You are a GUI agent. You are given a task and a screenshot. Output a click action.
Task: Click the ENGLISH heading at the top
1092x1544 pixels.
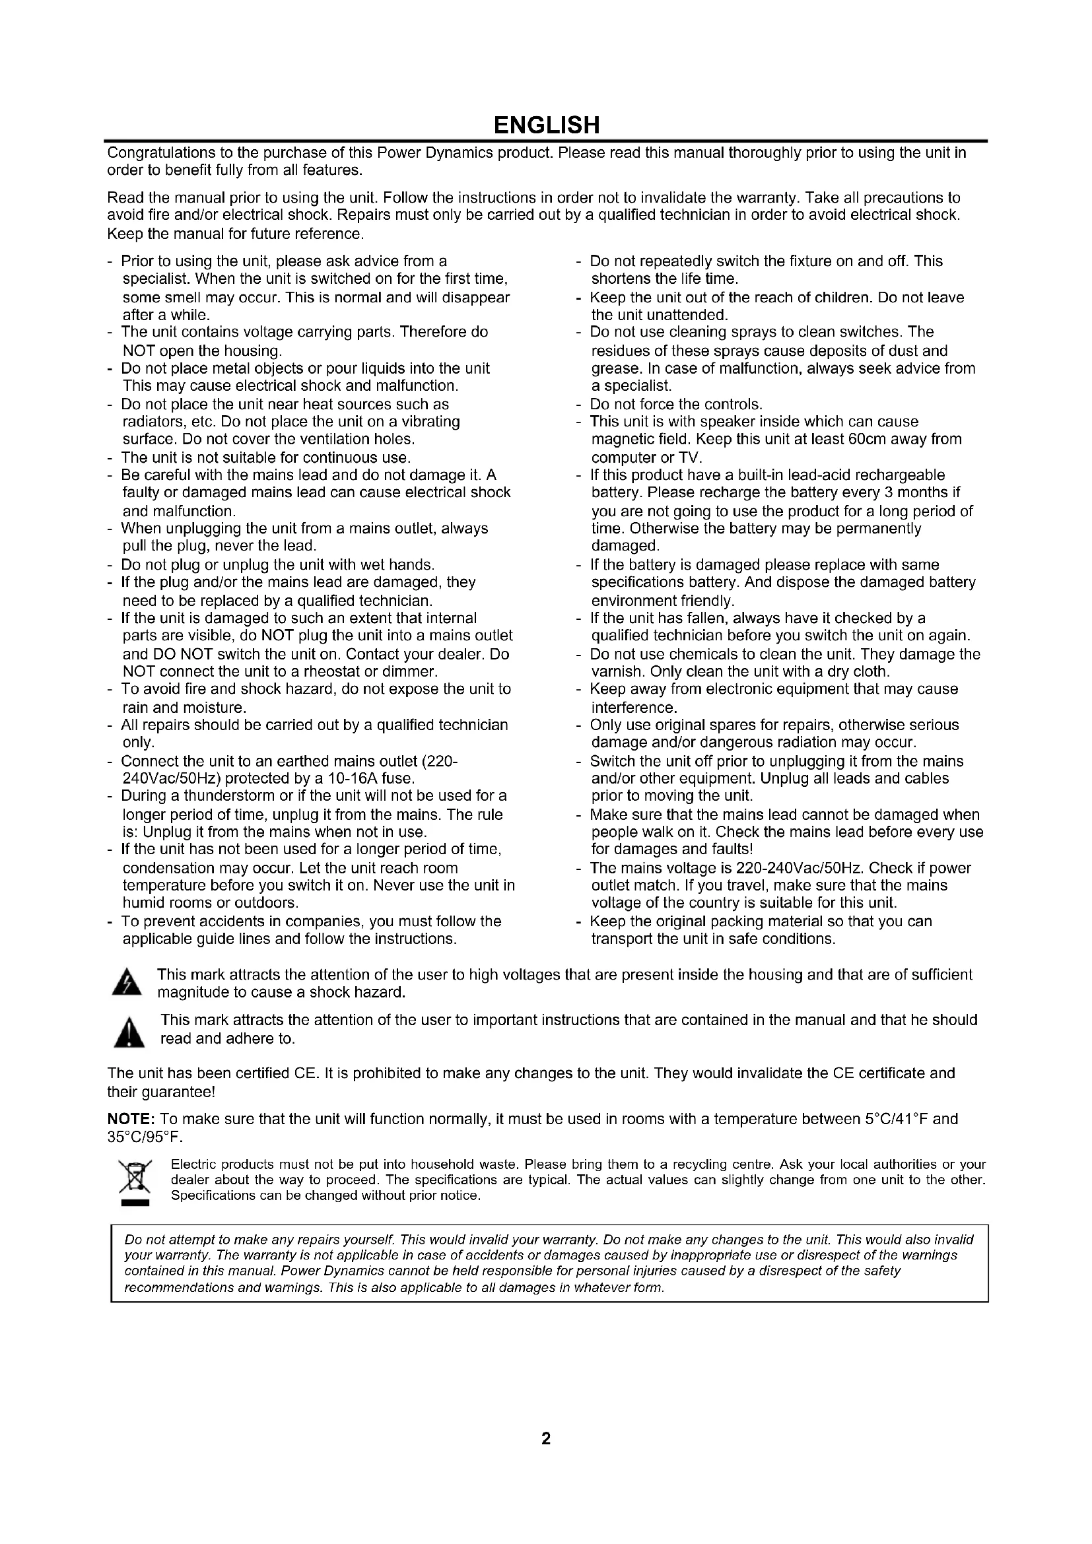click(x=546, y=125)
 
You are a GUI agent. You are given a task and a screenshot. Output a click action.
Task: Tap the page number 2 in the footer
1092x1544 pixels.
click(x=546, y=1438)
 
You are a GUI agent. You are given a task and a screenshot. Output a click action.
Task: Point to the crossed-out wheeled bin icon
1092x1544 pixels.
click(x=135, y=1177)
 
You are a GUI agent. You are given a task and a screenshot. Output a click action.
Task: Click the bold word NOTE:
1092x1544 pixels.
click(x=132, y=1119)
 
